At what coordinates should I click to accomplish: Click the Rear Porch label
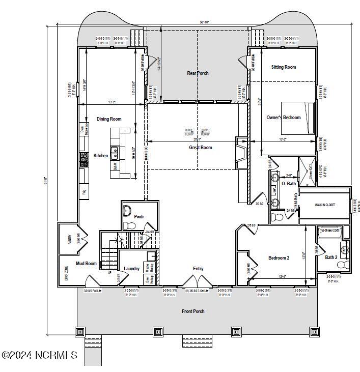click(x=198, y=73)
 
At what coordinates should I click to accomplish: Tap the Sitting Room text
click(x=284, y=67)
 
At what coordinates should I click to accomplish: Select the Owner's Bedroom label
click(x=284, y=118)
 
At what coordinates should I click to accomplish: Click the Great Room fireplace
click(x=240, y=152)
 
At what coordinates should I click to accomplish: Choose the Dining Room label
click(x=109, y=119)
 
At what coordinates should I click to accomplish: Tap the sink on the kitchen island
click(x=115, y=150)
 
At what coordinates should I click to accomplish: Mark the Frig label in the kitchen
click(x=84, y=192)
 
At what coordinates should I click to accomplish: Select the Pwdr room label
click(x=139, y=217)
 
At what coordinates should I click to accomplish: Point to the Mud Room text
click(x=87, y=264)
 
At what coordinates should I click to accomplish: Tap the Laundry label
click(x=131, y=269)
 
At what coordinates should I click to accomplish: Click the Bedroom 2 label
click(x=279, y=258)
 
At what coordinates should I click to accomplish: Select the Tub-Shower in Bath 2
click(x=329, y=232)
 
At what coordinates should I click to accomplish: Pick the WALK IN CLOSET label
click(x=325, y=205)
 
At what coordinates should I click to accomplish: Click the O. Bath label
click(x=289, y=184)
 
